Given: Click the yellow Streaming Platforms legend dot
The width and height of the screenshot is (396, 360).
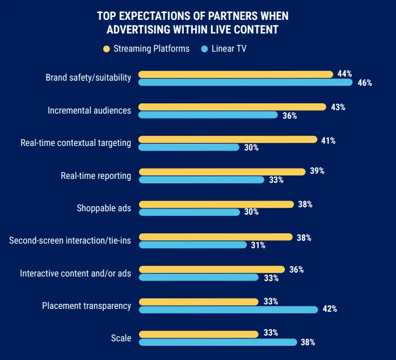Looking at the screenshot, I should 106,49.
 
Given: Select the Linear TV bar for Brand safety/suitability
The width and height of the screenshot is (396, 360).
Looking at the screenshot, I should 245,82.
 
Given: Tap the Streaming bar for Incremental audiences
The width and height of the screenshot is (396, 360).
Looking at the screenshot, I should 232,107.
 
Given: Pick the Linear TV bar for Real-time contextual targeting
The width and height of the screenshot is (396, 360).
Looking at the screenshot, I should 189,147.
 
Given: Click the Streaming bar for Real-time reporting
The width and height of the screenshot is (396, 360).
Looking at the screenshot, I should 222,171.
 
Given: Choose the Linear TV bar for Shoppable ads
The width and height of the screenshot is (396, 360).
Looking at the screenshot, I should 189,212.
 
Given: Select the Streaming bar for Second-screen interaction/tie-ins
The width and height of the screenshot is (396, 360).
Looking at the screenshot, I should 216,237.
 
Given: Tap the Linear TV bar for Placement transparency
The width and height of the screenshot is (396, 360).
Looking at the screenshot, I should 228,309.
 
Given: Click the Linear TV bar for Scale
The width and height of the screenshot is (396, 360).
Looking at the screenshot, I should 218,342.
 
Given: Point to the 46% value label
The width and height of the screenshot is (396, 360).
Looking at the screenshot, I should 365,83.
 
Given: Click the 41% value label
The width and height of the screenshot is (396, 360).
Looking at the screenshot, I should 328,140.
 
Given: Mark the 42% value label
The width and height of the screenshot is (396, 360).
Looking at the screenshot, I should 330,309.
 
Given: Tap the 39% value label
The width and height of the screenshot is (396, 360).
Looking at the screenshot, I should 317,171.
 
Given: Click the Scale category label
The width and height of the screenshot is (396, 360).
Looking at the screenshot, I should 121,338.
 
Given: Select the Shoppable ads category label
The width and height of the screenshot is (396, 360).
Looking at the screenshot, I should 104,208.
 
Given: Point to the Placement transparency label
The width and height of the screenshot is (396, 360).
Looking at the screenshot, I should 86,306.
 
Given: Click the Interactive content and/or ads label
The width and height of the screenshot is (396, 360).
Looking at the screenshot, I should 75,274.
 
